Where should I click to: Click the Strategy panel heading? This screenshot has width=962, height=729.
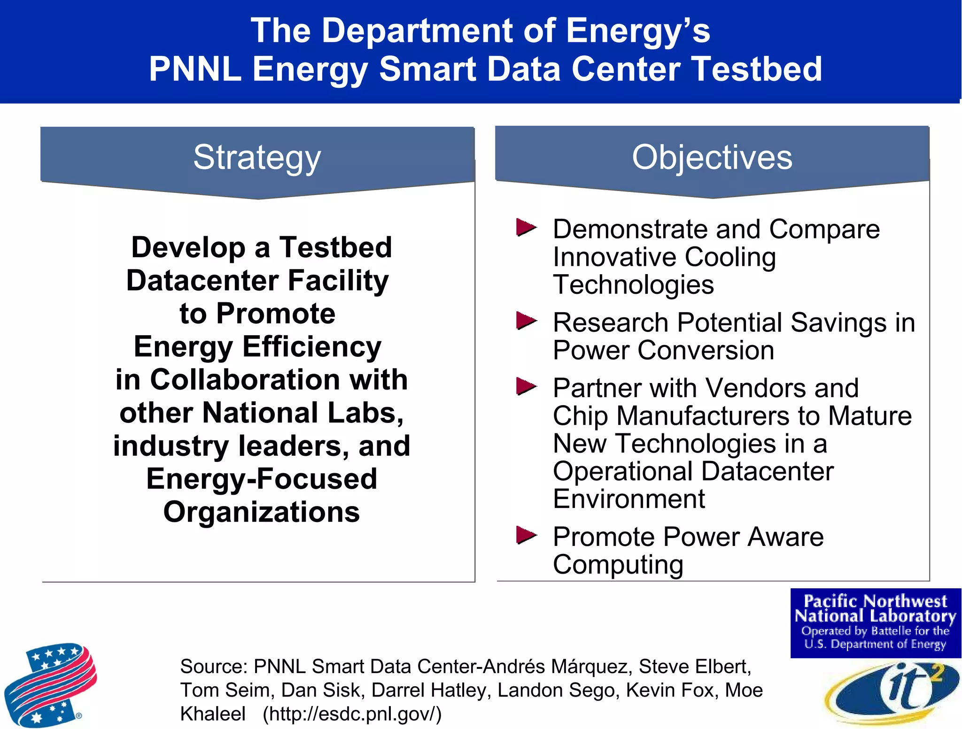(257, 158)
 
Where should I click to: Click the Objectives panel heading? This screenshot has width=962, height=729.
(712, 157)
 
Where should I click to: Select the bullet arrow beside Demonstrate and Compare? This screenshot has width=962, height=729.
(526, 228)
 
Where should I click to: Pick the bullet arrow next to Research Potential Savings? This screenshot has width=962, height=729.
(526, 322)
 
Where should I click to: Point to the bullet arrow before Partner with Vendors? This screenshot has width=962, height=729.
(526, 387)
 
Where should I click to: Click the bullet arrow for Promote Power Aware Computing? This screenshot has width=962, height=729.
(526, 535)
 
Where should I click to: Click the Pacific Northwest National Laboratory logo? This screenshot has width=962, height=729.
(876, 622)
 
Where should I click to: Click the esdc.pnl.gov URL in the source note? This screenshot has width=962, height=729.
(352, 714)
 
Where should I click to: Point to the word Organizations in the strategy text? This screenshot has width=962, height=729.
(262, 512)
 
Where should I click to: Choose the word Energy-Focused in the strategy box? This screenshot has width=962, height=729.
(262, 479)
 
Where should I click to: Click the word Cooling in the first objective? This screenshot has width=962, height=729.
(730, 257)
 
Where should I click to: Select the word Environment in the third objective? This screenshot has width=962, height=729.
(629, 499)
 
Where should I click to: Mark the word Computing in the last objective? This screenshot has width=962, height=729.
(618, 564)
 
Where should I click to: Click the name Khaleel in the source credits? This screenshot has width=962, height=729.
(213, 714)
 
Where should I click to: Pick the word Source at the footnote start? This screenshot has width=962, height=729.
(213, 667)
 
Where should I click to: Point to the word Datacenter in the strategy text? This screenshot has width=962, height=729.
(202, 281)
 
